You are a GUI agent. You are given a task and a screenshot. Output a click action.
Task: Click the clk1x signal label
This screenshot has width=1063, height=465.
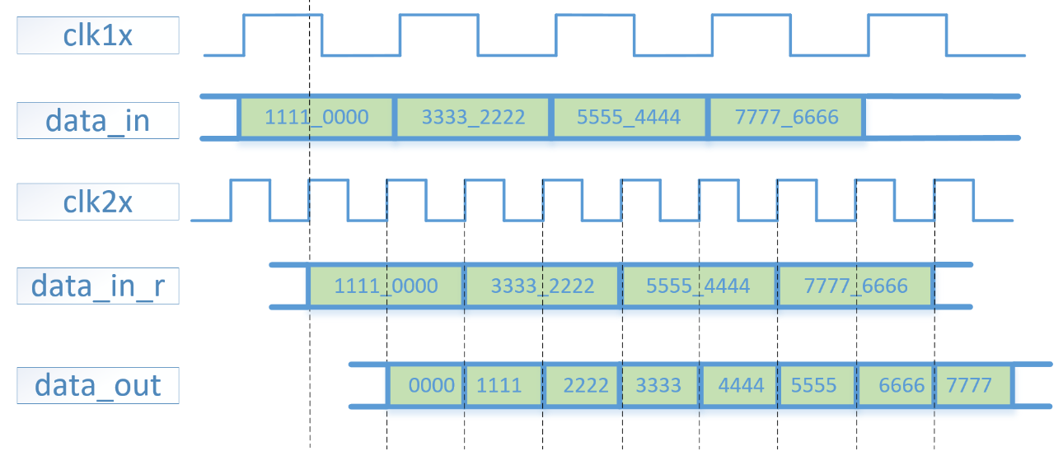tap(98, 36)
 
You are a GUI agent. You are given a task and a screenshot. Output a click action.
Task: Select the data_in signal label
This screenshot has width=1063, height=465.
tap(98, 121)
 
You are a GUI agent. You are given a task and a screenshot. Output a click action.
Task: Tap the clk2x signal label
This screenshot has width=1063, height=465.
tap(98, 202)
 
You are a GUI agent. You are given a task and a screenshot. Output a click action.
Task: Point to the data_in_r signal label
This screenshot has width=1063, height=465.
tap(98, 286)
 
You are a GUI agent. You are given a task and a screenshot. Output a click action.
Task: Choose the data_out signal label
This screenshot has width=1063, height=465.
tap(98, 384)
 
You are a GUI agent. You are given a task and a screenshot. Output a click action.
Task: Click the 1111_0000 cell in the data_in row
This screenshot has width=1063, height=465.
tap(316, 117)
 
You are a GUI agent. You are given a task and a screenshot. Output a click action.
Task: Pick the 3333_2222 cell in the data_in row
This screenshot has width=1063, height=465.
tap(473, 117)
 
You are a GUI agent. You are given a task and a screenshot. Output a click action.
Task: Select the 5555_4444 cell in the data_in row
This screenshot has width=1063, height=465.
tap(630, 117)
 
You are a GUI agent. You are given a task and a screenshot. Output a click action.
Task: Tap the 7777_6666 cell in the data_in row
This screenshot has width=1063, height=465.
tap(786, 117)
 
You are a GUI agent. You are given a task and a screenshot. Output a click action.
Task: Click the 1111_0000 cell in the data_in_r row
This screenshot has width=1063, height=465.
tap(386, 286)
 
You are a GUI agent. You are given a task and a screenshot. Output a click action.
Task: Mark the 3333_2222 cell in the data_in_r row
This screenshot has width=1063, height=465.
tap(542, 286)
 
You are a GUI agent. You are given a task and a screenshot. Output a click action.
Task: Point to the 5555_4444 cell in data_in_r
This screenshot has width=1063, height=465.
tap(699, 286)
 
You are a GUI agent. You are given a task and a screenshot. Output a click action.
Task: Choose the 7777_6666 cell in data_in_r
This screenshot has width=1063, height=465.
tap(855, 286)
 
